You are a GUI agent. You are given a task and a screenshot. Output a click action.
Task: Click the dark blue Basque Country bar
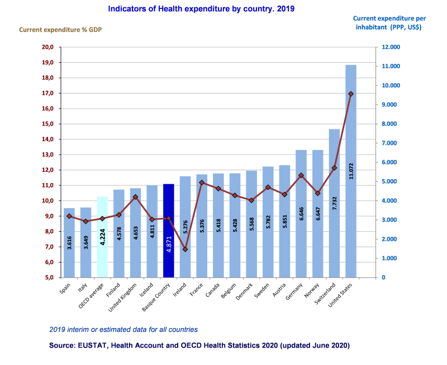[x=168, y=230]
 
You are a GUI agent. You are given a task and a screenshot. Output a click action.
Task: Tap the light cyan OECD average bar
[x=102, y=237]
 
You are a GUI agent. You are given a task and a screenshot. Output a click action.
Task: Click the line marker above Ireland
[x=185, y=249]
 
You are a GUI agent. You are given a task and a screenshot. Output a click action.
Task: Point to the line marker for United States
[x=351, y=94]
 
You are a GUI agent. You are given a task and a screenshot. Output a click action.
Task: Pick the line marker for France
[x=202, y=182]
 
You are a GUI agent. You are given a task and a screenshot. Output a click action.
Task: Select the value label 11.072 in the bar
[x=351, y=168]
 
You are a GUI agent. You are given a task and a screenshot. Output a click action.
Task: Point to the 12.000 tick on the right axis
[x=391, y=47]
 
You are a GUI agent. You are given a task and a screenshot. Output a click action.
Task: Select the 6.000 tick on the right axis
[x=391, y=162]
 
